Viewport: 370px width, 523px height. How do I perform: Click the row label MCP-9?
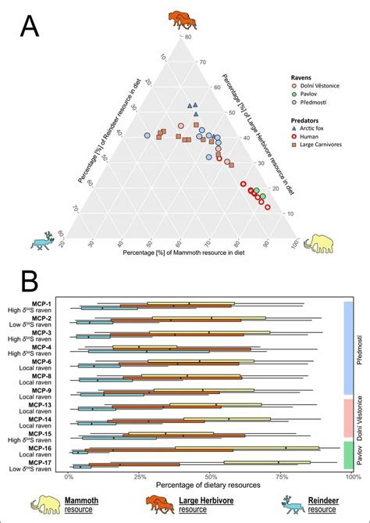(x=43, y=390)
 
